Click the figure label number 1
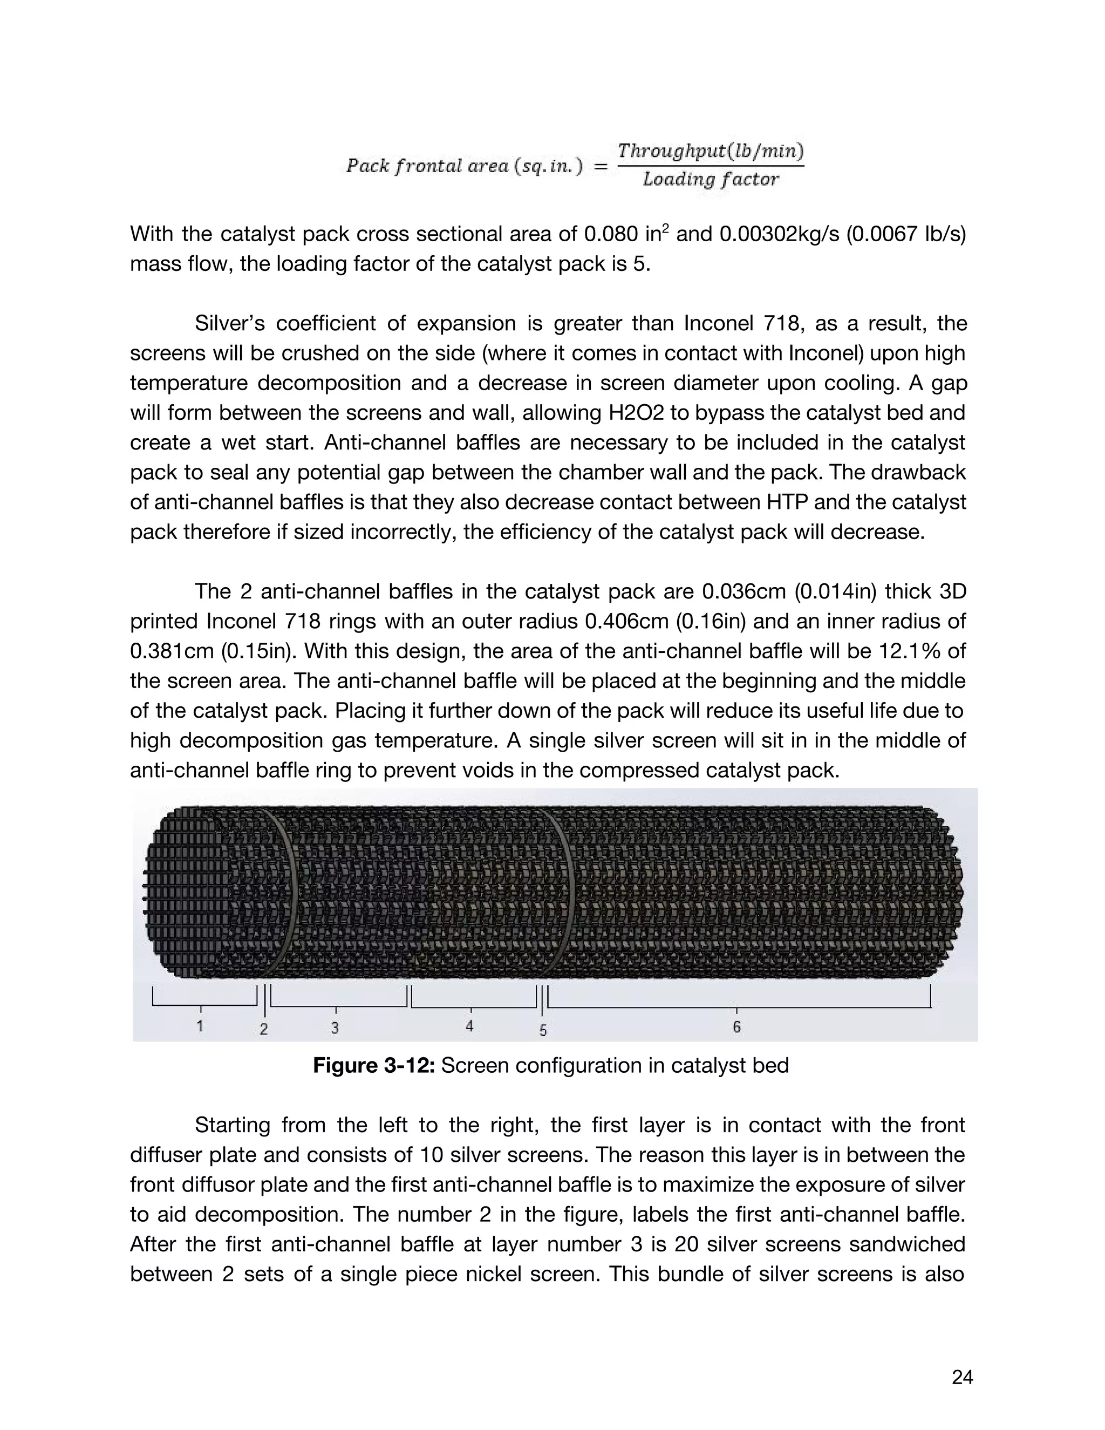(200, 1025)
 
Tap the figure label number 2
(264, 1029)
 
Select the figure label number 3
(335, 1028)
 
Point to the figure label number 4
(469, 1026)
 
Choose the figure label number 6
(736, 1027)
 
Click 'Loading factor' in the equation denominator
(711, 179)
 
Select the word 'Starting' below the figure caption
(231, 1125)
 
